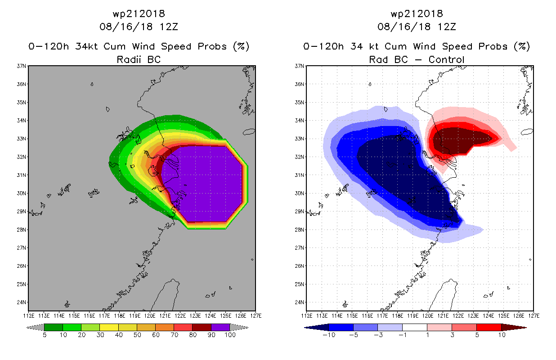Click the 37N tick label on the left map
tap(21, 66)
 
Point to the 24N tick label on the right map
tap(299, 302)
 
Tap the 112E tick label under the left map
tap(28, 316)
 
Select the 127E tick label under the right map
tap(534, 316)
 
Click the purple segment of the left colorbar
tap(220, 327)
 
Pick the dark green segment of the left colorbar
tap(54, 327)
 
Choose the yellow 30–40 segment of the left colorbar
tap(109, 327)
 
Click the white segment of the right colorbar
tap(415, 327)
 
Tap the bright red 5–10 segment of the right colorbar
tap(489, 327)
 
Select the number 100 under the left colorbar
tap(230, 335)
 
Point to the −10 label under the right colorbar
tap(329, 335)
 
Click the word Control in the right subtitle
tap(446, 59)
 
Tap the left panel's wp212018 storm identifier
tap(139, 14)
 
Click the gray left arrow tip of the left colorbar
tap(27, 328)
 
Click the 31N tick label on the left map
tap(21, 175)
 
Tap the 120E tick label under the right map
tap(428, 316)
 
